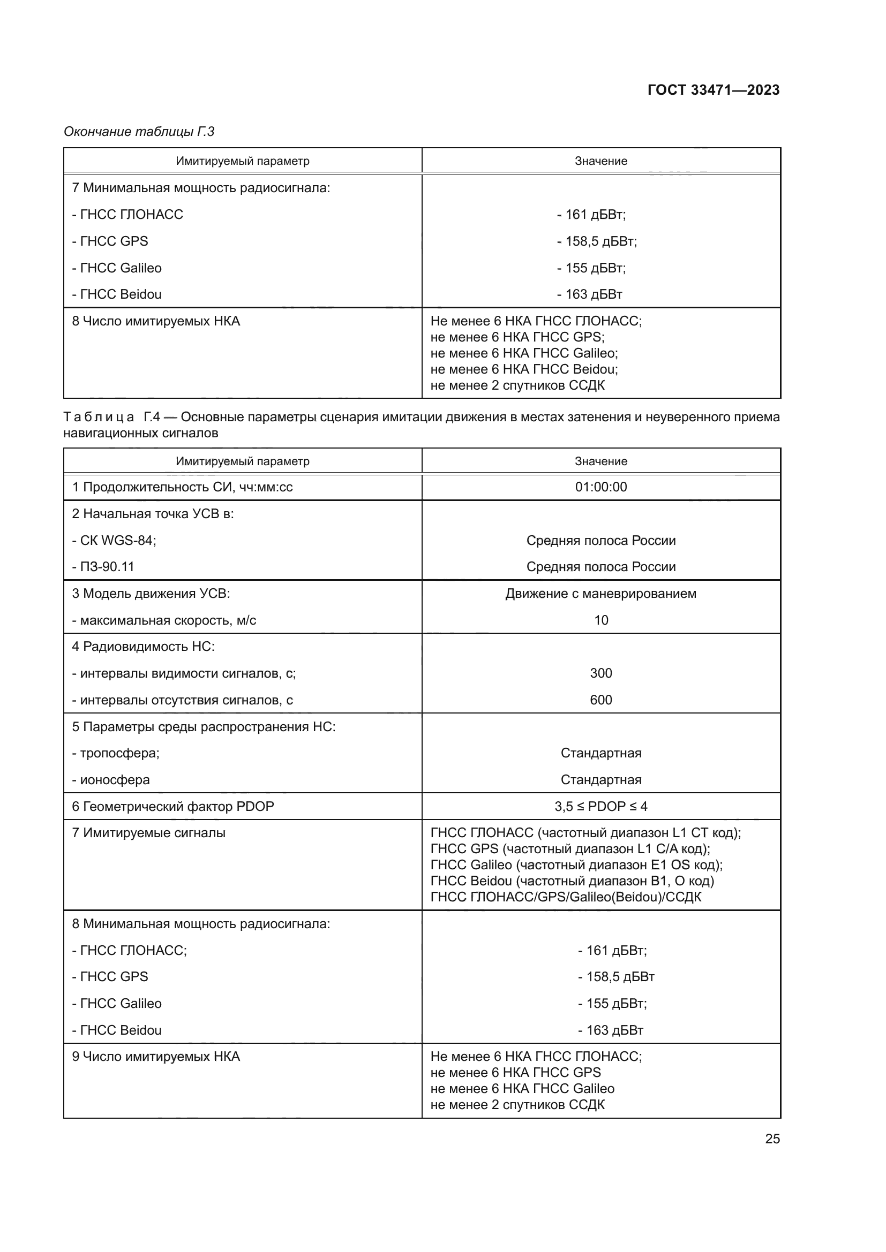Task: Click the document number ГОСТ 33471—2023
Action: [x=713, y=90]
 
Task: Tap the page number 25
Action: [x=772, y=1139]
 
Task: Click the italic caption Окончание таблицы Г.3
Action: [x=139, y=132]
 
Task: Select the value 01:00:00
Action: [x=600, y=487]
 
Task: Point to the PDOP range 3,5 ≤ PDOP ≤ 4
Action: [x=600, y=806]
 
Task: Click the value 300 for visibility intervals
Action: [x=600, y=673]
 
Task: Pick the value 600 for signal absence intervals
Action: [x=600, y=700]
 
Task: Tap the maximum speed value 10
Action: [x=600, y=620]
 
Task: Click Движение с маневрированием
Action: [x=600, y=593]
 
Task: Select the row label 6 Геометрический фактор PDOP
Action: [x=173, y=806]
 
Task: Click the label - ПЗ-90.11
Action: [x=103, y=566]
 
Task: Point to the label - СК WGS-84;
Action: [x=114, y=541]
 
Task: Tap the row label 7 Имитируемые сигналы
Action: [x=148, y=833]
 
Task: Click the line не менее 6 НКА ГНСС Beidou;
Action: [x=524, y=369]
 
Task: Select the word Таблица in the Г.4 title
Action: [x=99, y=417]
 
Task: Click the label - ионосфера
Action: [x=111, y=780]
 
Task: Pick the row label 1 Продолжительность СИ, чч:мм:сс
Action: [x=182, y=487]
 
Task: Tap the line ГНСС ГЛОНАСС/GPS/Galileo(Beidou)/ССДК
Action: [x=566, y=897]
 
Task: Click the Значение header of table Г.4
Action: [x=600, y=461]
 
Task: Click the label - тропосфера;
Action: [x=116, y=753]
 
